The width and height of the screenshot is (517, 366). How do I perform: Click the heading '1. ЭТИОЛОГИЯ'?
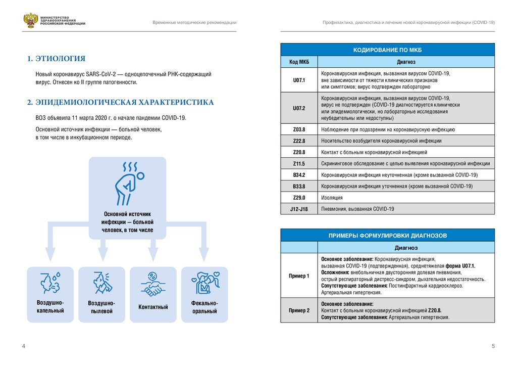56,59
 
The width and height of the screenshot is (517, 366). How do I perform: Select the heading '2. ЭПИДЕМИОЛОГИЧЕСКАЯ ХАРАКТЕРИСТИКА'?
121,103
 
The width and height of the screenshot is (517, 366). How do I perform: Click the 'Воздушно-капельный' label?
50,306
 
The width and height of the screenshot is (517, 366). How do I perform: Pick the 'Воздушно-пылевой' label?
102,307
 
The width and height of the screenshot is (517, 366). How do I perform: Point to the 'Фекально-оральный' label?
204,307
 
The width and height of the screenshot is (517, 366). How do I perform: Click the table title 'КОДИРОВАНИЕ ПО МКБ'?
388,50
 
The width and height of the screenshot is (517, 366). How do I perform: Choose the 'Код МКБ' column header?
299,62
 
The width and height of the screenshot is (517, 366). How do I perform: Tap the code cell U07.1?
299,80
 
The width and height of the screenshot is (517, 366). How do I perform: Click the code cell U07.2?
299,108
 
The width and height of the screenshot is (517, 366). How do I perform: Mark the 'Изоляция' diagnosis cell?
332,197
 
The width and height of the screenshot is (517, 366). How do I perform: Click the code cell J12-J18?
299,209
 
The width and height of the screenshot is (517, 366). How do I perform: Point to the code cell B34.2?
299,175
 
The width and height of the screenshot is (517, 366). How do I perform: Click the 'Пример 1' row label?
299,276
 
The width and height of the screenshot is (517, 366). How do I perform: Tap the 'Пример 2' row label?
299,310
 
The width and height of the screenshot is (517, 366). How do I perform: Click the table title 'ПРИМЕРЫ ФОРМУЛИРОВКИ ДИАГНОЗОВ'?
388,236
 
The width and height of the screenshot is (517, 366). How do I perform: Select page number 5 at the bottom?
493,346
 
